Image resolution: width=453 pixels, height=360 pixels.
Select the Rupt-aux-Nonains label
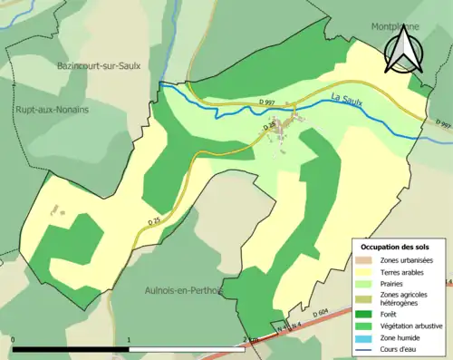click(52, 110)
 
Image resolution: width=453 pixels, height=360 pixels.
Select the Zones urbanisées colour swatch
click(370, 260)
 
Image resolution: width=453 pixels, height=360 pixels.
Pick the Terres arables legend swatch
click(370, 271)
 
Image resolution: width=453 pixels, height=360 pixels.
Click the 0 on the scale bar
click(14, 340)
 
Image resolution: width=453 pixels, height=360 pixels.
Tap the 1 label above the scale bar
click(129, 340)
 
